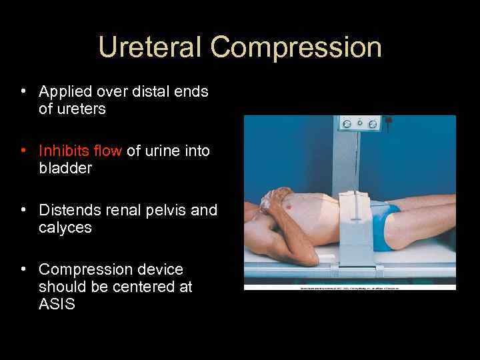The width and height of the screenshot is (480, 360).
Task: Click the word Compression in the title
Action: point(296,48)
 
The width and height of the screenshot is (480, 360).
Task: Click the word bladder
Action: point(65,168)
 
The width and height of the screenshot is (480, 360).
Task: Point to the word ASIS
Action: point(57,305)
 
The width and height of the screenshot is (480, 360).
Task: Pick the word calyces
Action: point(65,227)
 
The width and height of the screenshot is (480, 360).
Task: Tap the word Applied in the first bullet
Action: point(65,91)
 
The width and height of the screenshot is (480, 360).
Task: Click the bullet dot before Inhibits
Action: point(23,151)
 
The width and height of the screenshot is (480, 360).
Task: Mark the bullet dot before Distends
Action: point(23,210)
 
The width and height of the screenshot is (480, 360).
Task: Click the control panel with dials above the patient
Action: point(359,123)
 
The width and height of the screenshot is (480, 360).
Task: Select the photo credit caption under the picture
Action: point(350,287)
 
